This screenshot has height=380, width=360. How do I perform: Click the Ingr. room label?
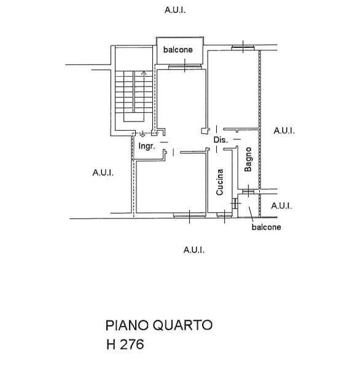point(147,146)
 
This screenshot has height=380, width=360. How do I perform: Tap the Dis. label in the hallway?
point(221,140)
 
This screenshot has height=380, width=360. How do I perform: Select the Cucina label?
point(219,182)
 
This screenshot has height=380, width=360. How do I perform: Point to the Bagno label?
point(248,159)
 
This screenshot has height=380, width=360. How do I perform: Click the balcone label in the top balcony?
point(178,50)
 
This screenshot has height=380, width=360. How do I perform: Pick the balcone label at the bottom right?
point(267,227)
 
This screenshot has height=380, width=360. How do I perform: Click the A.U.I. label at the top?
point(175,10)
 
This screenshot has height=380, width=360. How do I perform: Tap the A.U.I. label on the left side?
point(103,173)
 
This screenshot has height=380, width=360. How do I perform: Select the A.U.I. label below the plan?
point(194,250)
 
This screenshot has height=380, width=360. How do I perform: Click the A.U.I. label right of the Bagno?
point(284,131)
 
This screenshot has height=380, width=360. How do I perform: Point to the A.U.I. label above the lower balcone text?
point(281,206)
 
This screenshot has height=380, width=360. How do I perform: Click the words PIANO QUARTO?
point(159,325)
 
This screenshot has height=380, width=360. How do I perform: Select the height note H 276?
point(125,344)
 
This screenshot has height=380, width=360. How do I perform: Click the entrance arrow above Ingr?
point(143,134)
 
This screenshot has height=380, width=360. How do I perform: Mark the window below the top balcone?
point(185,67)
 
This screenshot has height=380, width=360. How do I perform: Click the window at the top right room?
point(243,47)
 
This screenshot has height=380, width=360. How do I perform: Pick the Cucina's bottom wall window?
point(224,215)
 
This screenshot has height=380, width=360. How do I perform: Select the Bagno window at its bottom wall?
point(248,192)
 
